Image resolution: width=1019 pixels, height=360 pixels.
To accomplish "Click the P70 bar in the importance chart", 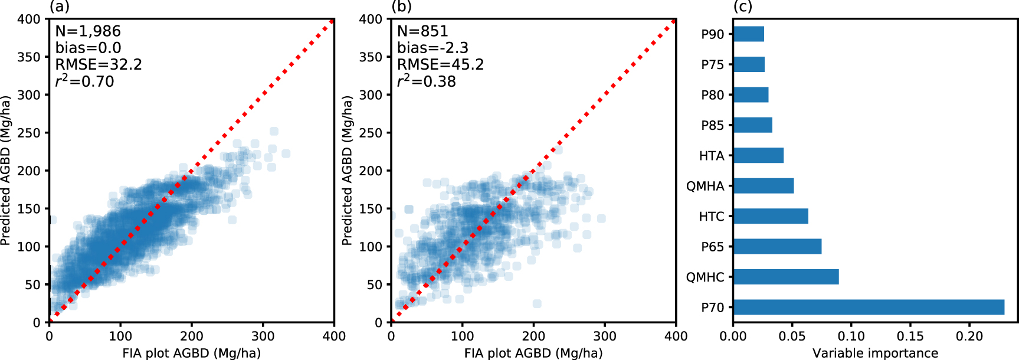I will coord(868,307).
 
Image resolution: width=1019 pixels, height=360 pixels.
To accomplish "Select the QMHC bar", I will coord(785,277).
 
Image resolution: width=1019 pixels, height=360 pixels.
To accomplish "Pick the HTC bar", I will coord(770,216).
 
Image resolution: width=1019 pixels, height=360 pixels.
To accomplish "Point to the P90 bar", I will coord(748,34).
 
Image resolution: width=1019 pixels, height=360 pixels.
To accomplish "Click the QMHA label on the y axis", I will coord(705,186).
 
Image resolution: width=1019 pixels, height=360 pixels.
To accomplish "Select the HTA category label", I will coord(711,156).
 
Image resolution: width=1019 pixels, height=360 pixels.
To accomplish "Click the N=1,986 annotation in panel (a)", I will coord(88,31).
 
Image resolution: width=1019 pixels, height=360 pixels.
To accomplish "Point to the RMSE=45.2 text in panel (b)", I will coord(440,64).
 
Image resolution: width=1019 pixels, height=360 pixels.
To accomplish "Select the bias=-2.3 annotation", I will coord(432,48).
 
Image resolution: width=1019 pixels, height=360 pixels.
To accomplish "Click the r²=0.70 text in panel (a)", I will coord(84,81).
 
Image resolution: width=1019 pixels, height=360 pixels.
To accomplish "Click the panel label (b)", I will coord(401,6).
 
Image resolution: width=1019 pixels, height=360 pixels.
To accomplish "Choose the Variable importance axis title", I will coord(875,353).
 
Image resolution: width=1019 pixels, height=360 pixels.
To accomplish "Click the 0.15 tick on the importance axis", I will coord(910,336).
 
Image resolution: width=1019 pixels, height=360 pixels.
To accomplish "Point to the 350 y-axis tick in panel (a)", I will coord(29,57).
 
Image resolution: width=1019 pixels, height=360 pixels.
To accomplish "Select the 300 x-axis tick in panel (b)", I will coord(604,336).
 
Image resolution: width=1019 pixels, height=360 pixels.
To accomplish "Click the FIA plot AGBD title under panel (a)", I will coord(191,353).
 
